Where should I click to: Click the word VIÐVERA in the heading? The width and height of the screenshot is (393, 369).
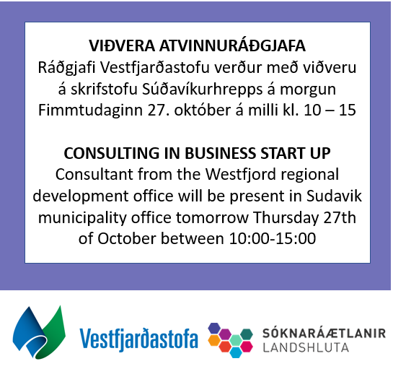coord(122,45)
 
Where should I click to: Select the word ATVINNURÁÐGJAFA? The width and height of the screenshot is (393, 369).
coord(233,45)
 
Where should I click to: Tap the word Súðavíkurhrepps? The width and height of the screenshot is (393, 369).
coord(202,90)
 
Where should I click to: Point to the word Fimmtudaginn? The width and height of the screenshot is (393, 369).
coord(90,110)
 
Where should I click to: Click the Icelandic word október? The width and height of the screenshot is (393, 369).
coord(202,110)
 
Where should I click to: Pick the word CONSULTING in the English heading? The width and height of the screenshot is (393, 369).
coord(112,153)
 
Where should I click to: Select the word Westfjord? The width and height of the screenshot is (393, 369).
coord(241,174)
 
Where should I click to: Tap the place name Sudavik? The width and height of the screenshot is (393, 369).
coord(334,196)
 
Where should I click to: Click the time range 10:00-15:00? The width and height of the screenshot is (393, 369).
coord(273,238)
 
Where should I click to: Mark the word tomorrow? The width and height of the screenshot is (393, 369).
coord(212,218)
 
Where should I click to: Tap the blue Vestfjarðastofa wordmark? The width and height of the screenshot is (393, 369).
coord(139,339)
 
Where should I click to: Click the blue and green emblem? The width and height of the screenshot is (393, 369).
coord(39,332)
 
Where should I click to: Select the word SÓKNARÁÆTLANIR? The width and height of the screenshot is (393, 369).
coord(324,333)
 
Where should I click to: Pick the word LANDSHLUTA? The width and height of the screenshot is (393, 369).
coord(306,348)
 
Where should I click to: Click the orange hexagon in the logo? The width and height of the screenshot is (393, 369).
coord(214,340)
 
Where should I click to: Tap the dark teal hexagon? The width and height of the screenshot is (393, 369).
coord(247,334)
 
